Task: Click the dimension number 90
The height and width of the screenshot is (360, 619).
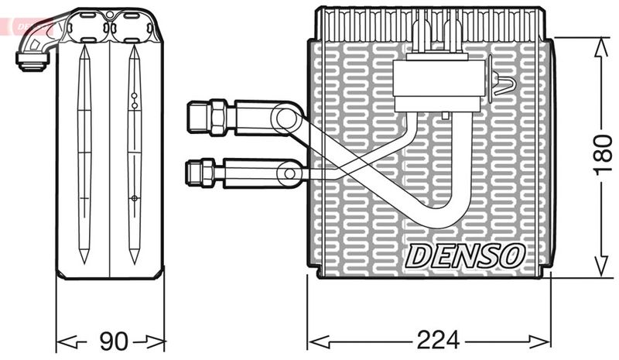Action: [112, 340]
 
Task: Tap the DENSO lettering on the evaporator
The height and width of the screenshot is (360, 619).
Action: [466, 253]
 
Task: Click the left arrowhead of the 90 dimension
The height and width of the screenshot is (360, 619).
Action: [64, 340]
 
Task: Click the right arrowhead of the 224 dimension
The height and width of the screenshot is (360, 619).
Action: [545, 340]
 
